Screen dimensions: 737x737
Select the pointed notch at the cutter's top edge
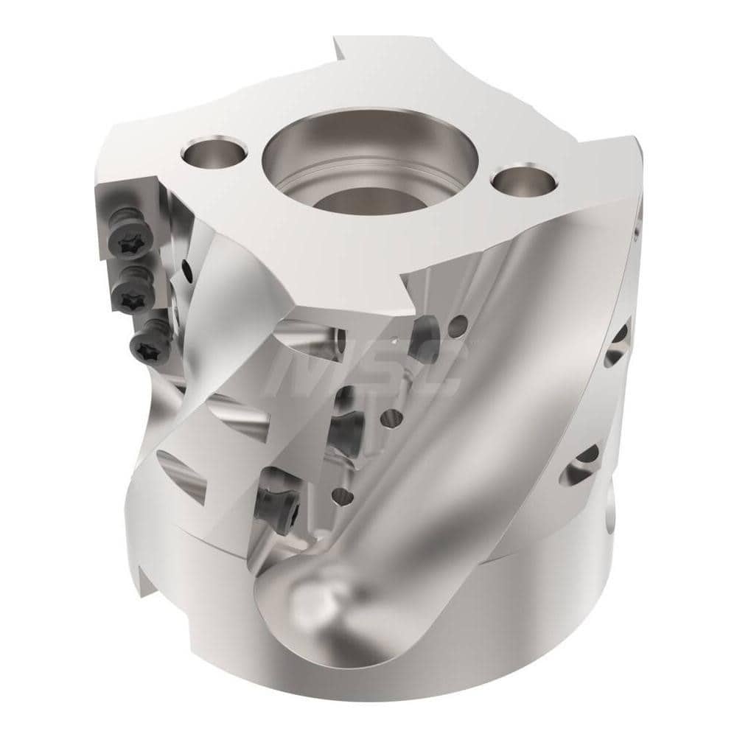(x=340, y=46)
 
